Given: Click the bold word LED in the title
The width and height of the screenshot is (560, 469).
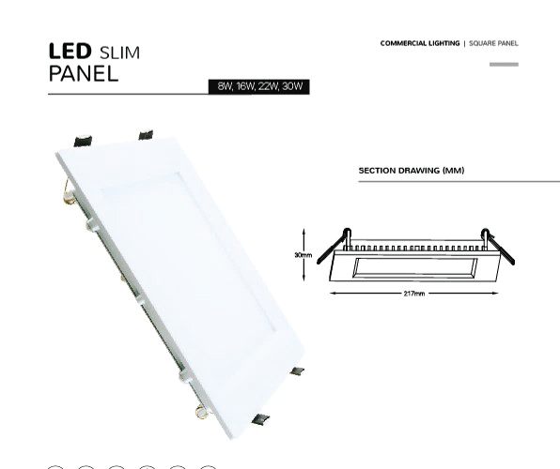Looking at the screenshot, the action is click(x=70, y=51).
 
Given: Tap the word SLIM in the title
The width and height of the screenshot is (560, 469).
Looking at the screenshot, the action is click(x=120, y=53).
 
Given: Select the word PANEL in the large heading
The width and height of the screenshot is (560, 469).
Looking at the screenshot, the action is click(x=84, y=73).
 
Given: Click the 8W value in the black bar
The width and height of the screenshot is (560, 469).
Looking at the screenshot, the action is click(x=225, y=86).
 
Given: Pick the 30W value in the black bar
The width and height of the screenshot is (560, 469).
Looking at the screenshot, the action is click(x=292, y=86).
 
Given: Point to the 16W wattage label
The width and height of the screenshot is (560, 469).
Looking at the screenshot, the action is click(x=245, y=86).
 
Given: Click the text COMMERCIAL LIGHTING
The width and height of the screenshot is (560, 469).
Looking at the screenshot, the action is click(x=420, y=43).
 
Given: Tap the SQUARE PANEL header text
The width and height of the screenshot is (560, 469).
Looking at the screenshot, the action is click(x=493, y=43).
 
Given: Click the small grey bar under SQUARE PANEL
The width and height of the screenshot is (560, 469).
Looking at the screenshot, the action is click(x=504, y=64).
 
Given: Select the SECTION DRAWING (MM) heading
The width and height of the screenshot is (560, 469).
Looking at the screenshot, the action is click(x=412, y=171).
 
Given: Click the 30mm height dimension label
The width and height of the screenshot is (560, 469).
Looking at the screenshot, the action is click(x=303, y=255).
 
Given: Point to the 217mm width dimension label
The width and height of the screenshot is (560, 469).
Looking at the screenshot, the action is click(x=414, y=294).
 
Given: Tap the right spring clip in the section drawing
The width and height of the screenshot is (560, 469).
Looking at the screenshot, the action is click(x=499, y=247).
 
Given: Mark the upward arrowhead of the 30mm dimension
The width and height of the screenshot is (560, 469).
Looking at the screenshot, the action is click(x=303, y=232).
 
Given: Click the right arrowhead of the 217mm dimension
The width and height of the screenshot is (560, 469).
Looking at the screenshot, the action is click(x=495, y=294).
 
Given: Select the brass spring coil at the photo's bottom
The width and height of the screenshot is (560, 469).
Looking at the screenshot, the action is click(x=203, y=412).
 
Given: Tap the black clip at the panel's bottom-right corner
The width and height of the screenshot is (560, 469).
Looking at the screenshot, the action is click(x=260, y=419).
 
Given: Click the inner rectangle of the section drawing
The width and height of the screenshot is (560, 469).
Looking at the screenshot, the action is click(x=415, y=267).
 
